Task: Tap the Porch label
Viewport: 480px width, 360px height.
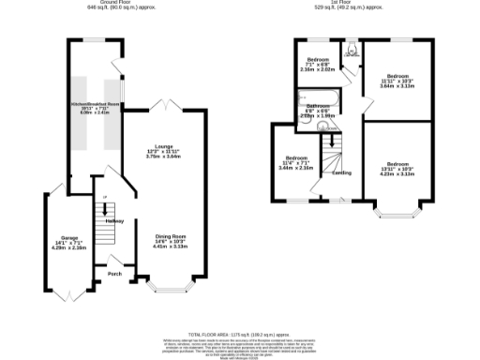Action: click(114, 275)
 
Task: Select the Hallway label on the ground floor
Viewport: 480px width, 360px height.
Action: click(114, 220)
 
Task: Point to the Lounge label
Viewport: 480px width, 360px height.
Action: click(165, 145)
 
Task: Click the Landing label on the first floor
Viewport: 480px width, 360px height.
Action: click(340, 172)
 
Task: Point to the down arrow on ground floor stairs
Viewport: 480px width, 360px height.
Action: click(104, 197)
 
